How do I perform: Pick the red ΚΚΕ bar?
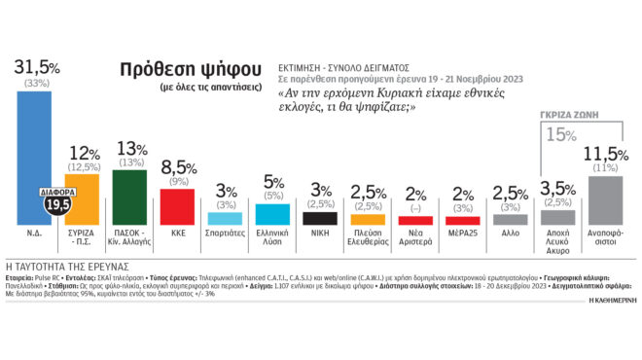178,207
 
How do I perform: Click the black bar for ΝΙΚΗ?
320,218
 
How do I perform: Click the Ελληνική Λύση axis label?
272,239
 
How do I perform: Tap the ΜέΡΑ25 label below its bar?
463,234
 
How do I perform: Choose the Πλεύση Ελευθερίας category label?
367,239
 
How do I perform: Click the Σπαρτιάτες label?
225,234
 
